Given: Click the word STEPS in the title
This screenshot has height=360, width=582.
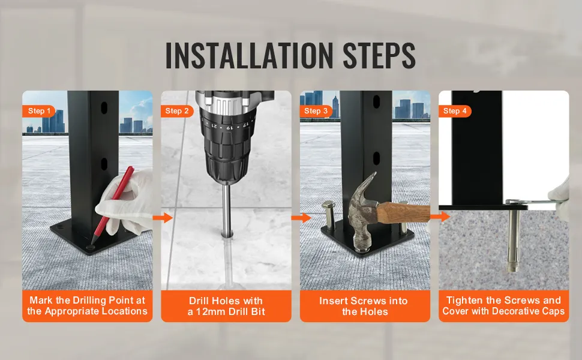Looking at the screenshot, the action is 379,55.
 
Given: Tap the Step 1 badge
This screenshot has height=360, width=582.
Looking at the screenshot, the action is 38,111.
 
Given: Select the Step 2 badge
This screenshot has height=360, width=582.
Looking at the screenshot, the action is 176,111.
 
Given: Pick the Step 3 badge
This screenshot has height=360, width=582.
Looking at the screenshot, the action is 316,111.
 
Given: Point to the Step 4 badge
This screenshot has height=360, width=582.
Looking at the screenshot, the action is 455,111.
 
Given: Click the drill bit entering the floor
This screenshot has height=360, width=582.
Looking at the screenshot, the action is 226,209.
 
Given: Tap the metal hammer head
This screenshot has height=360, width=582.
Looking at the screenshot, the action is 362,212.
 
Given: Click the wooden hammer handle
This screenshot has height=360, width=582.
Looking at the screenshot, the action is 403,212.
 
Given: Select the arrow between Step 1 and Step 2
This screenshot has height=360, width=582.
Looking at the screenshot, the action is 163,218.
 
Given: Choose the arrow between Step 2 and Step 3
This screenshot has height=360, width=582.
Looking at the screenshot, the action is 301,218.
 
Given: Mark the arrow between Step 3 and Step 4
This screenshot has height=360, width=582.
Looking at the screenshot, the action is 440,217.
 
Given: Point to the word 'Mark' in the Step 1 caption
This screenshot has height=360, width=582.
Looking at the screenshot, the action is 41,300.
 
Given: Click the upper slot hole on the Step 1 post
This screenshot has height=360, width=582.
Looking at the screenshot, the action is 104,107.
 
